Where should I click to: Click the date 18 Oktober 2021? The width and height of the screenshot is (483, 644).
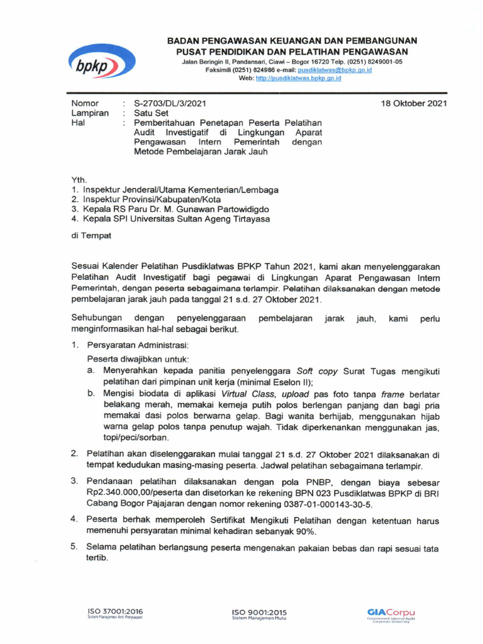414,103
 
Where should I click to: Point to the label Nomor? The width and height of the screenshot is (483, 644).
85,103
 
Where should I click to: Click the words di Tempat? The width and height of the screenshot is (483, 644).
91,235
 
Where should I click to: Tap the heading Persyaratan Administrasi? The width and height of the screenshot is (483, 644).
137,345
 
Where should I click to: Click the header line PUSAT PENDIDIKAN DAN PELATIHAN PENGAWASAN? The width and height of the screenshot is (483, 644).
292,51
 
